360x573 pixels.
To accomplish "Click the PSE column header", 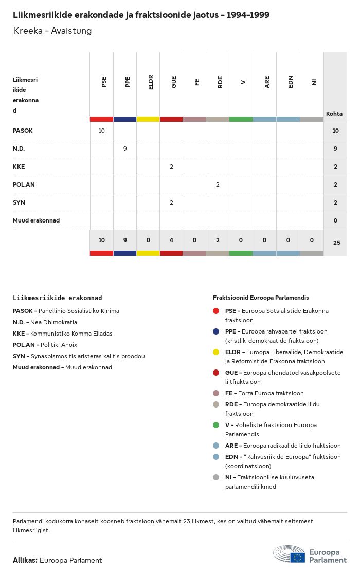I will [x=104, y=81].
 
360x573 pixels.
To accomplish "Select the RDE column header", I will [x=220, y=81].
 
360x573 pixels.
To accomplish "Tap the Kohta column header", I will [x=334, y=114].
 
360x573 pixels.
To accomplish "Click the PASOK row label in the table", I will [x=23, y=131].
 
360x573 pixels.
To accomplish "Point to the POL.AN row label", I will [x=24, y=184].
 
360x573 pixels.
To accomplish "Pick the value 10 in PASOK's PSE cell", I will [x=101, y=131].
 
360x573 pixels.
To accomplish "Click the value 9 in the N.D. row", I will [x=125, y=149].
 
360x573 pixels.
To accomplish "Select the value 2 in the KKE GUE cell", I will [x=171, y=167].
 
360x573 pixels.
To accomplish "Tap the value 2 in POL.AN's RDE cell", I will [x=218, y=184].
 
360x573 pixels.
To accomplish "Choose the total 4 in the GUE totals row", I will [x=171, y=240].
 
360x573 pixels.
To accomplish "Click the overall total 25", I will [x=336, y=242].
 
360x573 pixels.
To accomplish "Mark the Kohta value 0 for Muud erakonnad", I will [x=335, y=220].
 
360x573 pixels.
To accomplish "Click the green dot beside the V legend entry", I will [x=216, y=425].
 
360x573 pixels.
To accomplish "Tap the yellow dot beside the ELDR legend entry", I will [x=216, y=352].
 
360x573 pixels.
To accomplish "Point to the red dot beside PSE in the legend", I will [x=216, y=311].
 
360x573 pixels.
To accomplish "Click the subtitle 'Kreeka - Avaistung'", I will [x=52, y=31].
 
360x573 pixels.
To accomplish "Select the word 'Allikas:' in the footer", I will [x=25, y=560].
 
